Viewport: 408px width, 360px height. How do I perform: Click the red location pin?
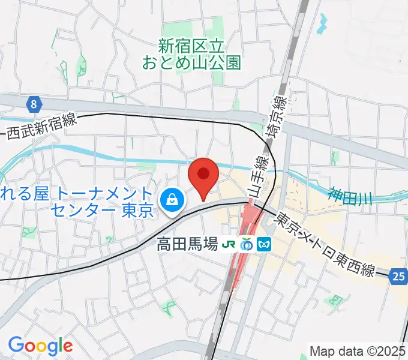click(203, 175)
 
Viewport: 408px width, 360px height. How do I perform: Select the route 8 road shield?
click(35, 104)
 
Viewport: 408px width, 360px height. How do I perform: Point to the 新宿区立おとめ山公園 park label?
click(191, 53)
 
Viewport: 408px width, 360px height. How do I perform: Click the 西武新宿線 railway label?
click(41, 128)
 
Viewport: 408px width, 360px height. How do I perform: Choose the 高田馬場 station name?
click(187, 245)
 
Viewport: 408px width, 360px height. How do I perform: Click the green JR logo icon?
click(229, 245)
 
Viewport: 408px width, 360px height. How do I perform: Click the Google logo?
click(40, 345)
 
